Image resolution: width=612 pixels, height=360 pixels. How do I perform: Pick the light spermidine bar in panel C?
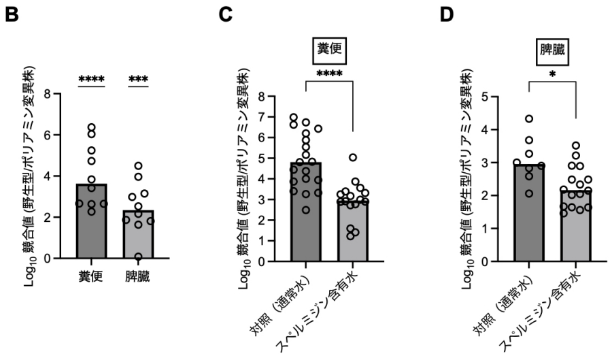click(x=353, y=231)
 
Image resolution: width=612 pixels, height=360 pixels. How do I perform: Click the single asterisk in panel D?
click(x=551, y=73)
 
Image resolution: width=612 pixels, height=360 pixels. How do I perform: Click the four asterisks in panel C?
click(x=330, y=73)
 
